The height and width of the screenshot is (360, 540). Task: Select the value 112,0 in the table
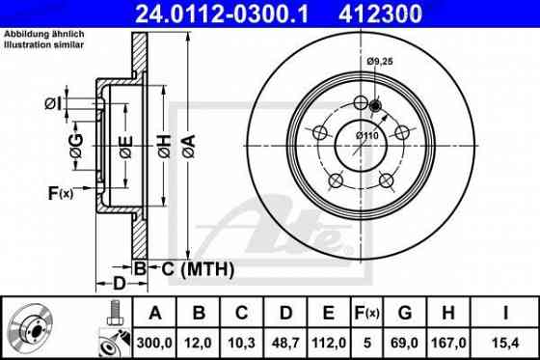[x=327, y=341]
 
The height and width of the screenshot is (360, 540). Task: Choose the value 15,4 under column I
[x=506, y=341]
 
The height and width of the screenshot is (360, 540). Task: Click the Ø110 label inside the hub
[x=365, y=134]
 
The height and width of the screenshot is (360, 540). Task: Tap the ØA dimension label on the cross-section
[x=190, y=145]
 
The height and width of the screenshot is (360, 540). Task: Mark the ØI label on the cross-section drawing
[x=55, y=103]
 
